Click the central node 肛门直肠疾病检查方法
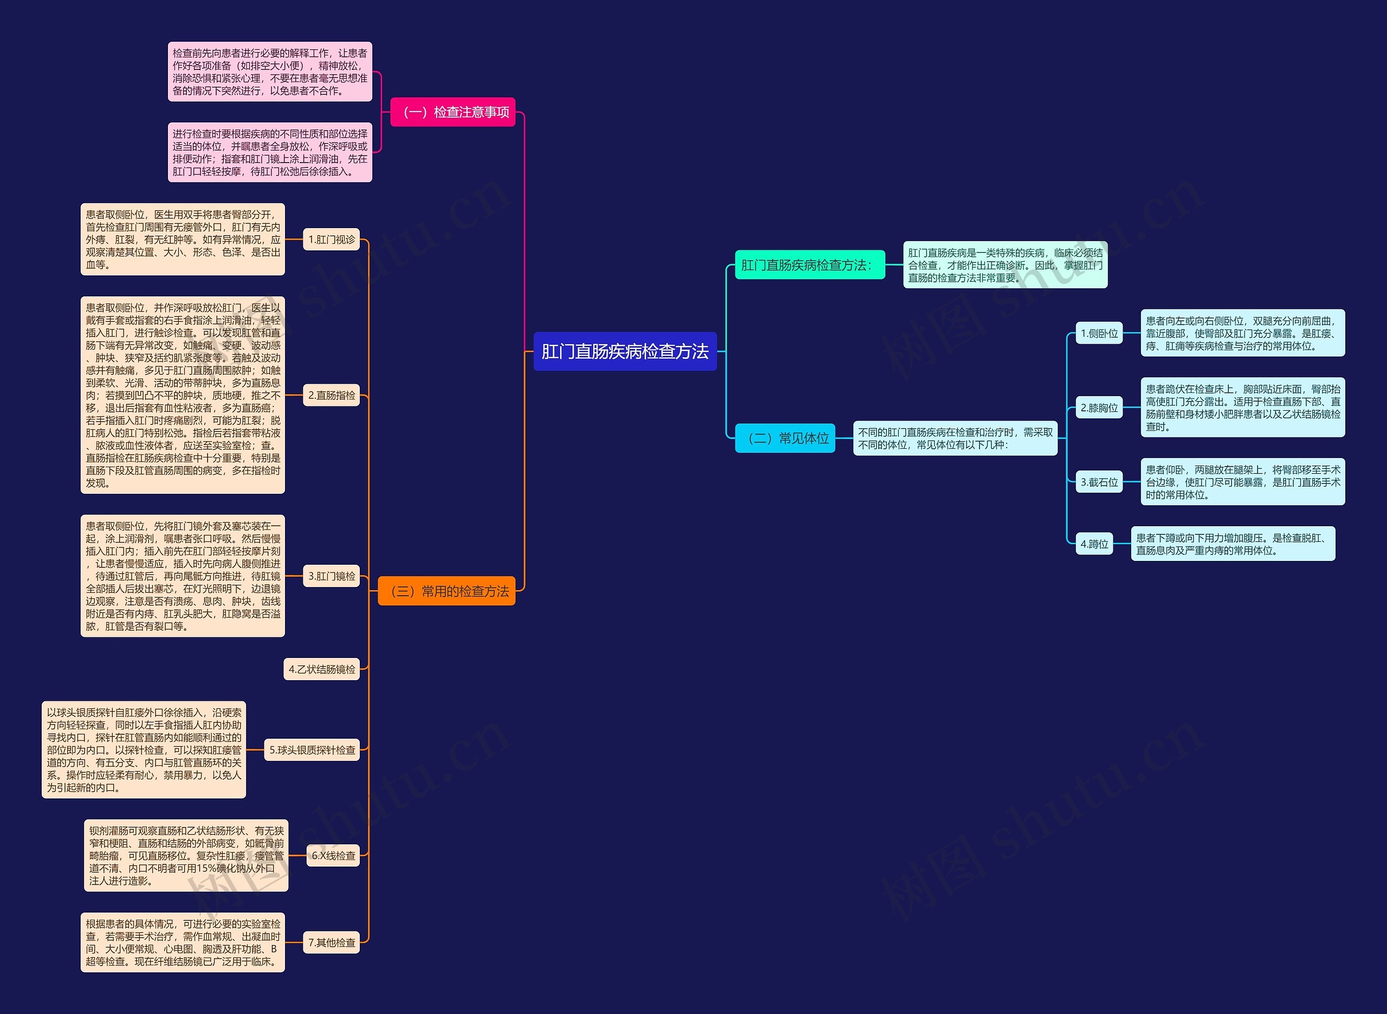(x=625, y=351)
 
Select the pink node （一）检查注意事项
(x=453, y=112)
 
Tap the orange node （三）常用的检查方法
(x=446, y=591)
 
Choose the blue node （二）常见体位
(x=785, y=438)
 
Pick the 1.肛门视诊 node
(x=331, y=240)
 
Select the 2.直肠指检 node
(x=331, y=395)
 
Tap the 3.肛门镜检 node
(x=331, y=576)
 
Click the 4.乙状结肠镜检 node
(x=321, y=669)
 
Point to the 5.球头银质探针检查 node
(x=312, y=750)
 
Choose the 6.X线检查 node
(x=333, y=856)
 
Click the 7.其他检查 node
(x=331, y=942)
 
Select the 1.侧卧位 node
(x=1099, y=333)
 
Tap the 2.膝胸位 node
(x=1099, y=408)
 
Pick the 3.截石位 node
(x=1099, y=482)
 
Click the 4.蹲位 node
(x=1094, y=544)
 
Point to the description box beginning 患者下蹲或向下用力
(x=1233, y=544)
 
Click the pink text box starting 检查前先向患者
(x=270, y=72)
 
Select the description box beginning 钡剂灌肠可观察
(x=186, y=856)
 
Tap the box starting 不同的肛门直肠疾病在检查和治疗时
(x=955, y=438)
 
